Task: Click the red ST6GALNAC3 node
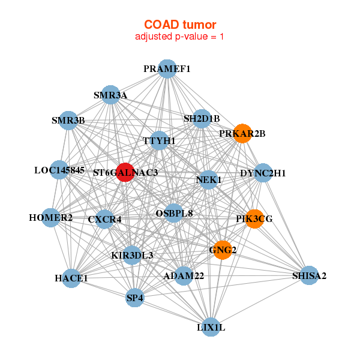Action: (125, 172)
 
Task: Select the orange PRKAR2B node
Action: (242, 133)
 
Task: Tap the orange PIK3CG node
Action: (254, 219)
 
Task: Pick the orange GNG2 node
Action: (223, 250)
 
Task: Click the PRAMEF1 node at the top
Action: (167, 69)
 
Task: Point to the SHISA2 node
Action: (309, 275)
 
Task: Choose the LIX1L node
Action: (211, 327)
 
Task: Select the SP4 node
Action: (135, 298)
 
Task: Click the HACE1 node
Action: (71, 278)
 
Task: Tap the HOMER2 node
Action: (51, 217)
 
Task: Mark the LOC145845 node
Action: (59, 170)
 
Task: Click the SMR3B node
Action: (68, 121)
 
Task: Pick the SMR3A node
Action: (110, 95)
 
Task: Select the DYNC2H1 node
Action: (263, 173)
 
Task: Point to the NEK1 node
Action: (208, 179)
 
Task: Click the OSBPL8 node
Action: (174, 212)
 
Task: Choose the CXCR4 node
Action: (105, 219)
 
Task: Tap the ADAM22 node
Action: (184, 275)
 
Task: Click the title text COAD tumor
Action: (180, 25)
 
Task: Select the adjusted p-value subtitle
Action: (180, 37)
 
